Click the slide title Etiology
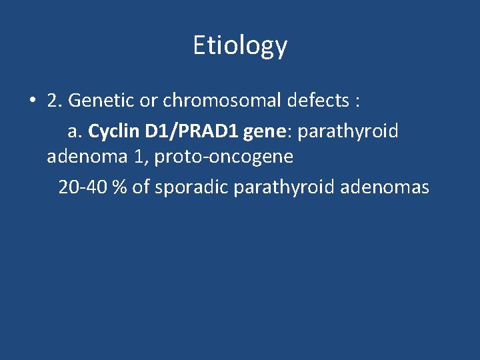click(240, 45)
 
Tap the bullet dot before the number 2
click(32, 101)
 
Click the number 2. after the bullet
click(54, 101)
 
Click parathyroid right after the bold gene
click(348, 131)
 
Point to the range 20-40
click(83, 187)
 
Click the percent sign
click(119, 187)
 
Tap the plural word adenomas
click(385, 187)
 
